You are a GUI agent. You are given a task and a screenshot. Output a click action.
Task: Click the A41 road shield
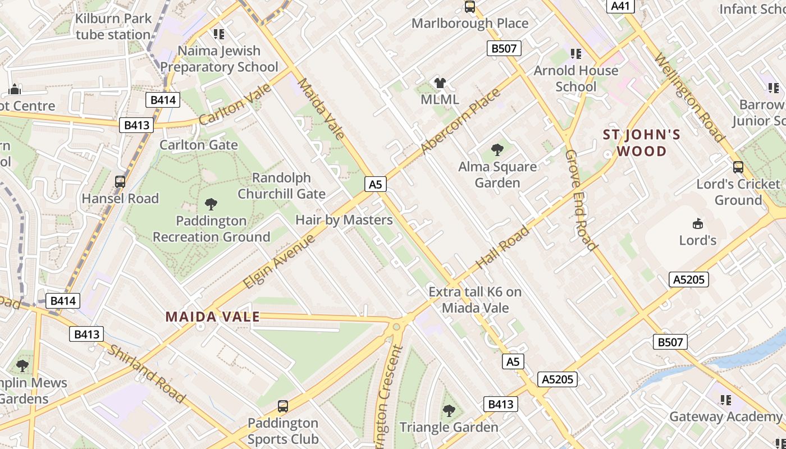[620, 6]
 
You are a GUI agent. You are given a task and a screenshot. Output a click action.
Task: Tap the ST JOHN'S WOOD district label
[641, 143]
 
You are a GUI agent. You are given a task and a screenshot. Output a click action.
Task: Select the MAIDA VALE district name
[212, 317]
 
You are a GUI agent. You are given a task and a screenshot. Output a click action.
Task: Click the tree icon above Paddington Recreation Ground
[211, 204]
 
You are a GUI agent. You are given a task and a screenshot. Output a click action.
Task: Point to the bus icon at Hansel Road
[120, 182]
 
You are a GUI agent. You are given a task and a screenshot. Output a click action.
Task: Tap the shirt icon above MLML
[440, 84]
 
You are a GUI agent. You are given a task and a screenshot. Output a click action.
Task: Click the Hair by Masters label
[344, 220]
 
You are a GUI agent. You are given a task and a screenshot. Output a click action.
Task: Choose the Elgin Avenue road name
[279, 262]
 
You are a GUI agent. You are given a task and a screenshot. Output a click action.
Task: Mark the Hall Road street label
[502, 246]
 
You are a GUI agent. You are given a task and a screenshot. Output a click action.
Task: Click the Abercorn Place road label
[460, 121]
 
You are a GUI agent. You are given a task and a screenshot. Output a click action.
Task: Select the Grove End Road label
[580, 199]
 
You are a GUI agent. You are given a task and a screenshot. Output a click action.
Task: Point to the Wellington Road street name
[689, 98]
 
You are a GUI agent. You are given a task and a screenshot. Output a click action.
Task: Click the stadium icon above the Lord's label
[698, 223]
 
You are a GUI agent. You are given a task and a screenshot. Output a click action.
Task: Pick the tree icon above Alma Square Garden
[497, 150]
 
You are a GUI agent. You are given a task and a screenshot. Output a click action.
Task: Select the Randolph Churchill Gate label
[281, 186]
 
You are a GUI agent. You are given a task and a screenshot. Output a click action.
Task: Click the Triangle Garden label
[449, 427]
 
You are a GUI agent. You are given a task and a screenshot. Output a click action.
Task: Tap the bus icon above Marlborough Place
[470, 7]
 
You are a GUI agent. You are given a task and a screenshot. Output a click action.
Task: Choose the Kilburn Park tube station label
[113, 26]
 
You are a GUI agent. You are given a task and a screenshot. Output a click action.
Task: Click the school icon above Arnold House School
[575, 54]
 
